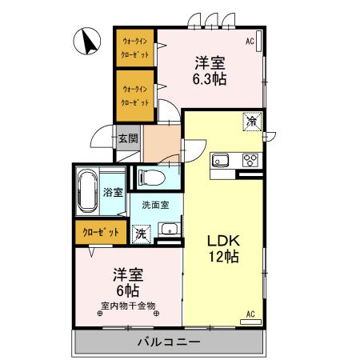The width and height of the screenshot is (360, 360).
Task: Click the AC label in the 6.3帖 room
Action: pos(250,40)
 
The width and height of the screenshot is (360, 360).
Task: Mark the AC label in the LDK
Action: pos(250,314)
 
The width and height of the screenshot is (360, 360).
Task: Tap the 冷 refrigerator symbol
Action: pos(251,122)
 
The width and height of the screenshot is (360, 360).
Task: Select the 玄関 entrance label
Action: pos(129,138)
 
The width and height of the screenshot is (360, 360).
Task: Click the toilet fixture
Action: pos(150,177)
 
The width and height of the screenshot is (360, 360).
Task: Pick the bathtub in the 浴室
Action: pos(90,191)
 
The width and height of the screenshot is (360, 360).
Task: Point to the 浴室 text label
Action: pos(113,192)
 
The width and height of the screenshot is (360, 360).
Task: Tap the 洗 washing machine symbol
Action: pos(141,234)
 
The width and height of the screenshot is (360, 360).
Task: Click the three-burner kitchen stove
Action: pos(250,158)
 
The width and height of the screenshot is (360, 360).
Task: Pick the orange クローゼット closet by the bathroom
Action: pos(101,232)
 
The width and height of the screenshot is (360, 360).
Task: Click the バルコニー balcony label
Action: pos(168,342)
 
